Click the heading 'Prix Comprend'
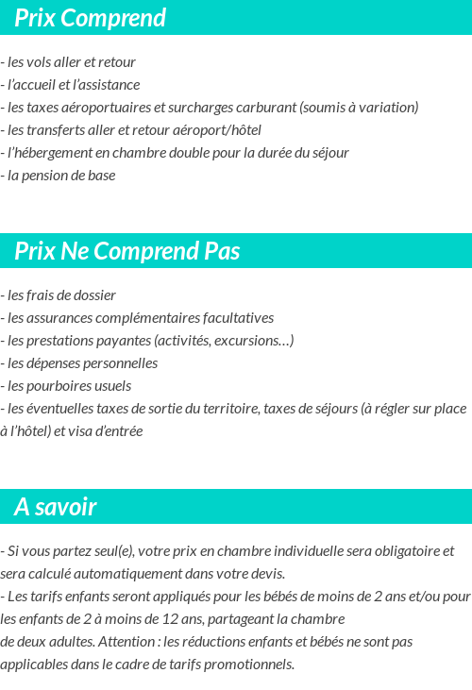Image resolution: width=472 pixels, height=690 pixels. (91, 18)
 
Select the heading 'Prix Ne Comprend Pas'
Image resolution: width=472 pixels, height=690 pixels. (127, 251)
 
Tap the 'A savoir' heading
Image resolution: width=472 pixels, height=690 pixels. (56, 507)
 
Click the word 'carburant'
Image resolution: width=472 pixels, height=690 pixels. (267, 108)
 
